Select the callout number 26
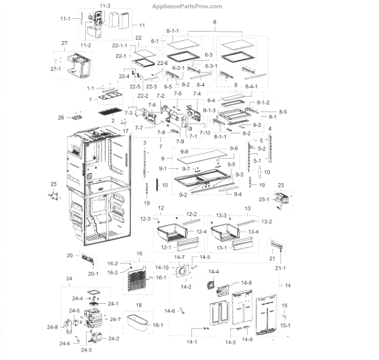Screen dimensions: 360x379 tap(61, 117)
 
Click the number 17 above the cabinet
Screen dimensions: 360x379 tap(125, 131)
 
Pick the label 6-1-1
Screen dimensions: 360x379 tap(172, 31)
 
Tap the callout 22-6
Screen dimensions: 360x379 tap(162, 63)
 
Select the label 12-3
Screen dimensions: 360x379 tap(145, 219)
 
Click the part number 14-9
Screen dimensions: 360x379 tap(248, 340)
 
